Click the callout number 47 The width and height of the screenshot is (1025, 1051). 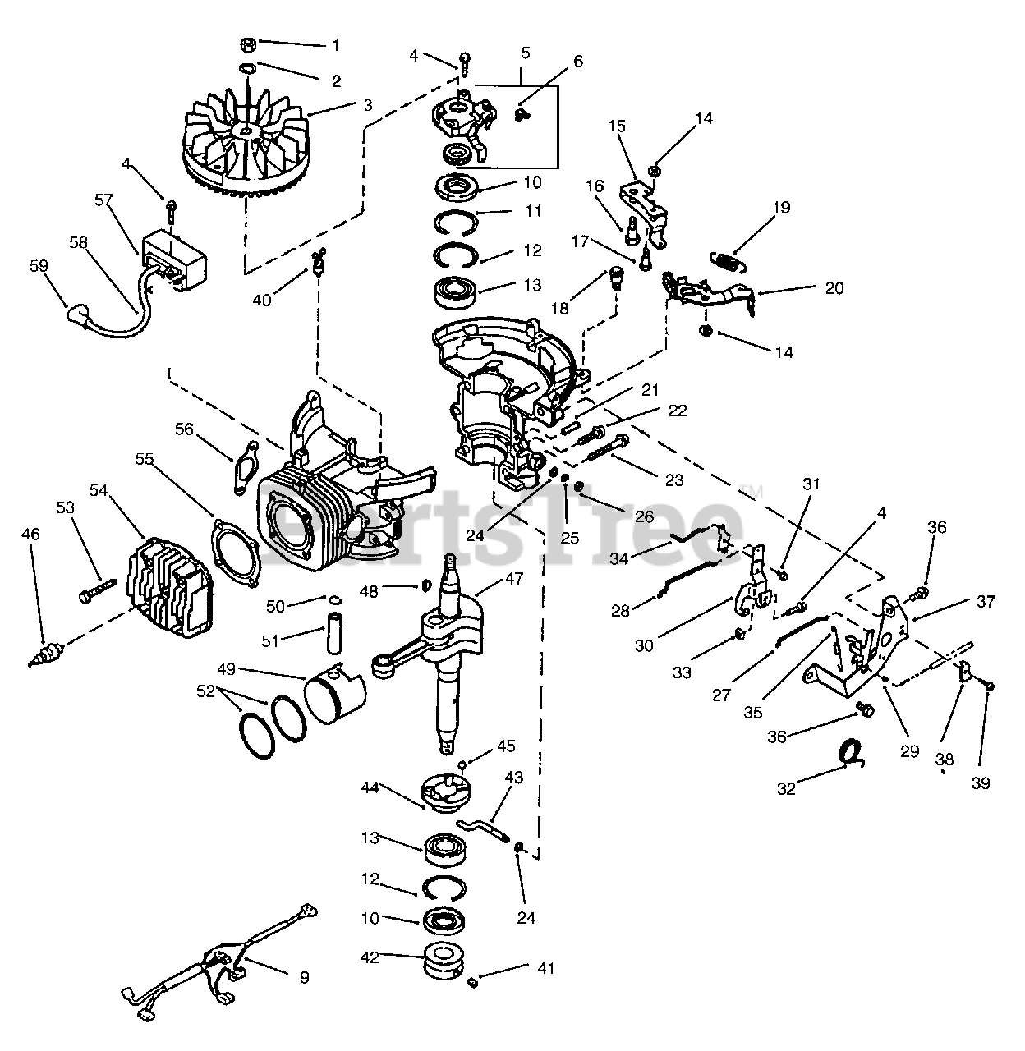tap(514, 580)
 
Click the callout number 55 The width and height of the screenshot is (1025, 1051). tap(145, 460)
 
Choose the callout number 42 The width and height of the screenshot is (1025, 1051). tap(370, 957)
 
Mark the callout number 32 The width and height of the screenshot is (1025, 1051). tap(786, 789)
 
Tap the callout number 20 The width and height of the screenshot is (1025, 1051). tap(834, 288)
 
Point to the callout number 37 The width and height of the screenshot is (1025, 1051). tap(986, 602)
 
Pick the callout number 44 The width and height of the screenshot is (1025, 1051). tap(370, 787)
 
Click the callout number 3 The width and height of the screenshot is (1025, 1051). tap(367, 105)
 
